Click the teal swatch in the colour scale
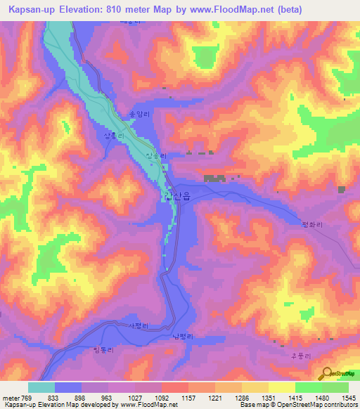point(41,387)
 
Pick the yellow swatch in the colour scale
point(281,387)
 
